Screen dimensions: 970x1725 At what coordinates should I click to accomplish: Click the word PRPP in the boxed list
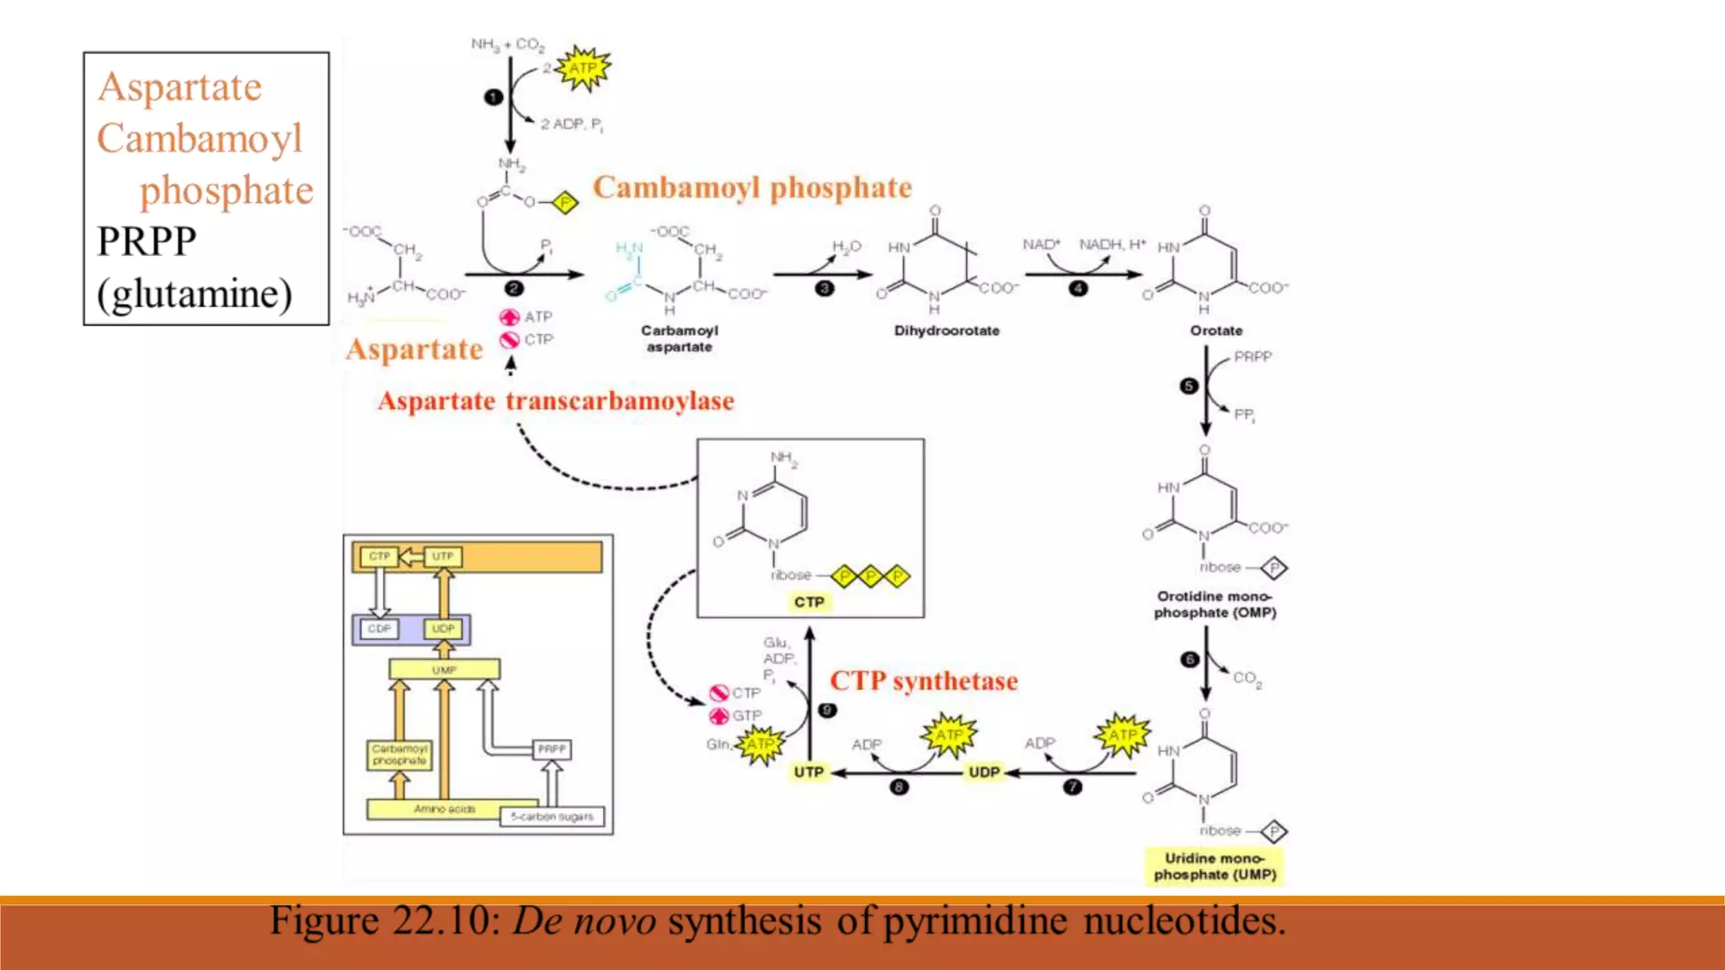(x=147, y=242)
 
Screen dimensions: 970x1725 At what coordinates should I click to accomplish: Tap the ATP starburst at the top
(x=583, y=68)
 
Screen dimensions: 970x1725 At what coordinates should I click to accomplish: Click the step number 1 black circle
(x=494, y=98)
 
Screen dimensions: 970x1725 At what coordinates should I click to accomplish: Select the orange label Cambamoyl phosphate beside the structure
(x=752, y=187)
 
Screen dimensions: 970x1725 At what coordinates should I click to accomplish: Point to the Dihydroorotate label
(x=947, y=331)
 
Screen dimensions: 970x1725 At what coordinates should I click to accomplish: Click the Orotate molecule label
(x=1215, y=331)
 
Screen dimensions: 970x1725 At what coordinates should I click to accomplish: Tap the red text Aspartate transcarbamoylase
(x=556, y=401)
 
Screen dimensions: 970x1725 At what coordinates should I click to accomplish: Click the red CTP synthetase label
(x=924, y=680)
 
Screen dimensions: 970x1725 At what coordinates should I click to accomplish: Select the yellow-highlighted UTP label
(x=809, y=771)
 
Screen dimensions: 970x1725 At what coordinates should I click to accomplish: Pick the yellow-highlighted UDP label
(x=984, y=771)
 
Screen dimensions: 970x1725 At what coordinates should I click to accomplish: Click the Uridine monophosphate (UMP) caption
(x=1215, y=866)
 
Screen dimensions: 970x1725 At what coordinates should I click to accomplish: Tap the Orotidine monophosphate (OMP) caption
(x=1215, y=605)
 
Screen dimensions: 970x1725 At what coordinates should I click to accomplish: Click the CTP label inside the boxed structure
(x=809, y=602)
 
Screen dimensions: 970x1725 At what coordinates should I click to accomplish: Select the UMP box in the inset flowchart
(x=444, y=669)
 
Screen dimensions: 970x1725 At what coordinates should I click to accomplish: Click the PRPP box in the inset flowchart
(x=552, y=749)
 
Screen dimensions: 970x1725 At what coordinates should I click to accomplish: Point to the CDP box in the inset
(x=379, y=629)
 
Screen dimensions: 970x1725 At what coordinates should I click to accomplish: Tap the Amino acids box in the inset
(x=444, y=809)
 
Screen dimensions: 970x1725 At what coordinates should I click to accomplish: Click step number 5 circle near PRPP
(x=1188, y=386)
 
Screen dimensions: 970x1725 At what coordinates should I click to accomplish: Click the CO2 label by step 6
(x=1247, y=678)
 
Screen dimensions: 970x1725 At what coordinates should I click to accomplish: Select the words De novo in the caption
(x=585, y=921)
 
